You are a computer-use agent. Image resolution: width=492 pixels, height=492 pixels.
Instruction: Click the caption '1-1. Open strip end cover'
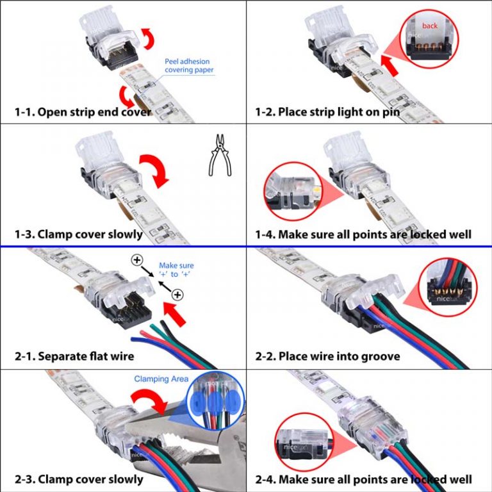point(83,111)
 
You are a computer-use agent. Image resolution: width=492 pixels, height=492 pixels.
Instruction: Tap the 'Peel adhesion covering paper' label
point(189,65)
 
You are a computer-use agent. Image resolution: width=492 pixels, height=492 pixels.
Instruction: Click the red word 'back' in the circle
point(430,26)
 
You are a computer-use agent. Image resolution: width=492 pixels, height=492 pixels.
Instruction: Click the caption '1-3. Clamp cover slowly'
point(78,234)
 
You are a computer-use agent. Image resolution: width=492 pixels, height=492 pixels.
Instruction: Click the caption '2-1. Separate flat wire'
point(74,356)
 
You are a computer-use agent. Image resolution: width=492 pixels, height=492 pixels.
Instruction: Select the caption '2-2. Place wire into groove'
point(327,356)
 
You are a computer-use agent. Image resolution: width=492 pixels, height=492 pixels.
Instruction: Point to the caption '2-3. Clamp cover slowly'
point(78,479)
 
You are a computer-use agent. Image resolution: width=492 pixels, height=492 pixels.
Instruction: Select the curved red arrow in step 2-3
point(148,403)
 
